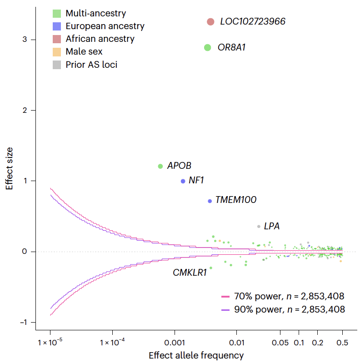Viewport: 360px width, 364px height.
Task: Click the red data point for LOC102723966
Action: coord(210,22)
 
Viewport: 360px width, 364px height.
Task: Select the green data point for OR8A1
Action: coord(208,47)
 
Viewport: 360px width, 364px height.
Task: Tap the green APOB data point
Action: coord(160,167)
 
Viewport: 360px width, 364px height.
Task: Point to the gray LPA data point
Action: coord(259,227)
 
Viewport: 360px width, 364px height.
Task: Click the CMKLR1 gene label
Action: coord(190,273)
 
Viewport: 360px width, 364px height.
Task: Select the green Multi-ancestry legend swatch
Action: coord(57,14)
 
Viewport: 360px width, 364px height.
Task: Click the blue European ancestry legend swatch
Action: coord(57,26)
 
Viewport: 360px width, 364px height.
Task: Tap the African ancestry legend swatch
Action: coord(57,39)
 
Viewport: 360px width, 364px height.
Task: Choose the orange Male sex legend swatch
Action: coord(57,52)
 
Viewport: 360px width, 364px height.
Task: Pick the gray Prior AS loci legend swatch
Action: coord(57,65)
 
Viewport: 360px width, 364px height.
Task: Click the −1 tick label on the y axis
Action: coord(24,323)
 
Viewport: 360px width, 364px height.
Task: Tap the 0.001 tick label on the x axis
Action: coord(175,342)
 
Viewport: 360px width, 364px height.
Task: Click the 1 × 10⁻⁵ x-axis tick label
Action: coord(50,342)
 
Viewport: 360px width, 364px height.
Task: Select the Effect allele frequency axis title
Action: coord(196,355)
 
